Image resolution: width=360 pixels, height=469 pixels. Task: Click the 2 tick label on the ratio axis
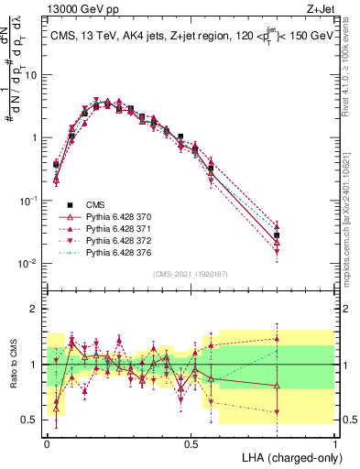tap(35, 309)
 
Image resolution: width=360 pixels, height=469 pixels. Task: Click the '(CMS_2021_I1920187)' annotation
tap(191, 274)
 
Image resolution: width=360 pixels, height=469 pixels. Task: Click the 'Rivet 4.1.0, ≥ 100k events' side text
tap(351, 82)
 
